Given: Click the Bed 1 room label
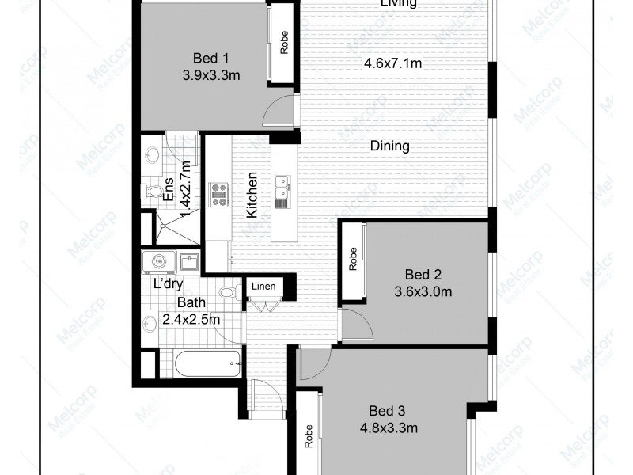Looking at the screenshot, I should [x=211, y=58].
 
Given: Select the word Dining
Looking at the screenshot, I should [x=389, y=146].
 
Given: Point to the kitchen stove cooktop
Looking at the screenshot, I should [x=218, y=195].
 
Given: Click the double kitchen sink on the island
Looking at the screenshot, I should [x=282, y=187].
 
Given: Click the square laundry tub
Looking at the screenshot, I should [x=188, y=261].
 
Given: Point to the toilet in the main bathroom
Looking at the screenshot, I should [x=228, y=293].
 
